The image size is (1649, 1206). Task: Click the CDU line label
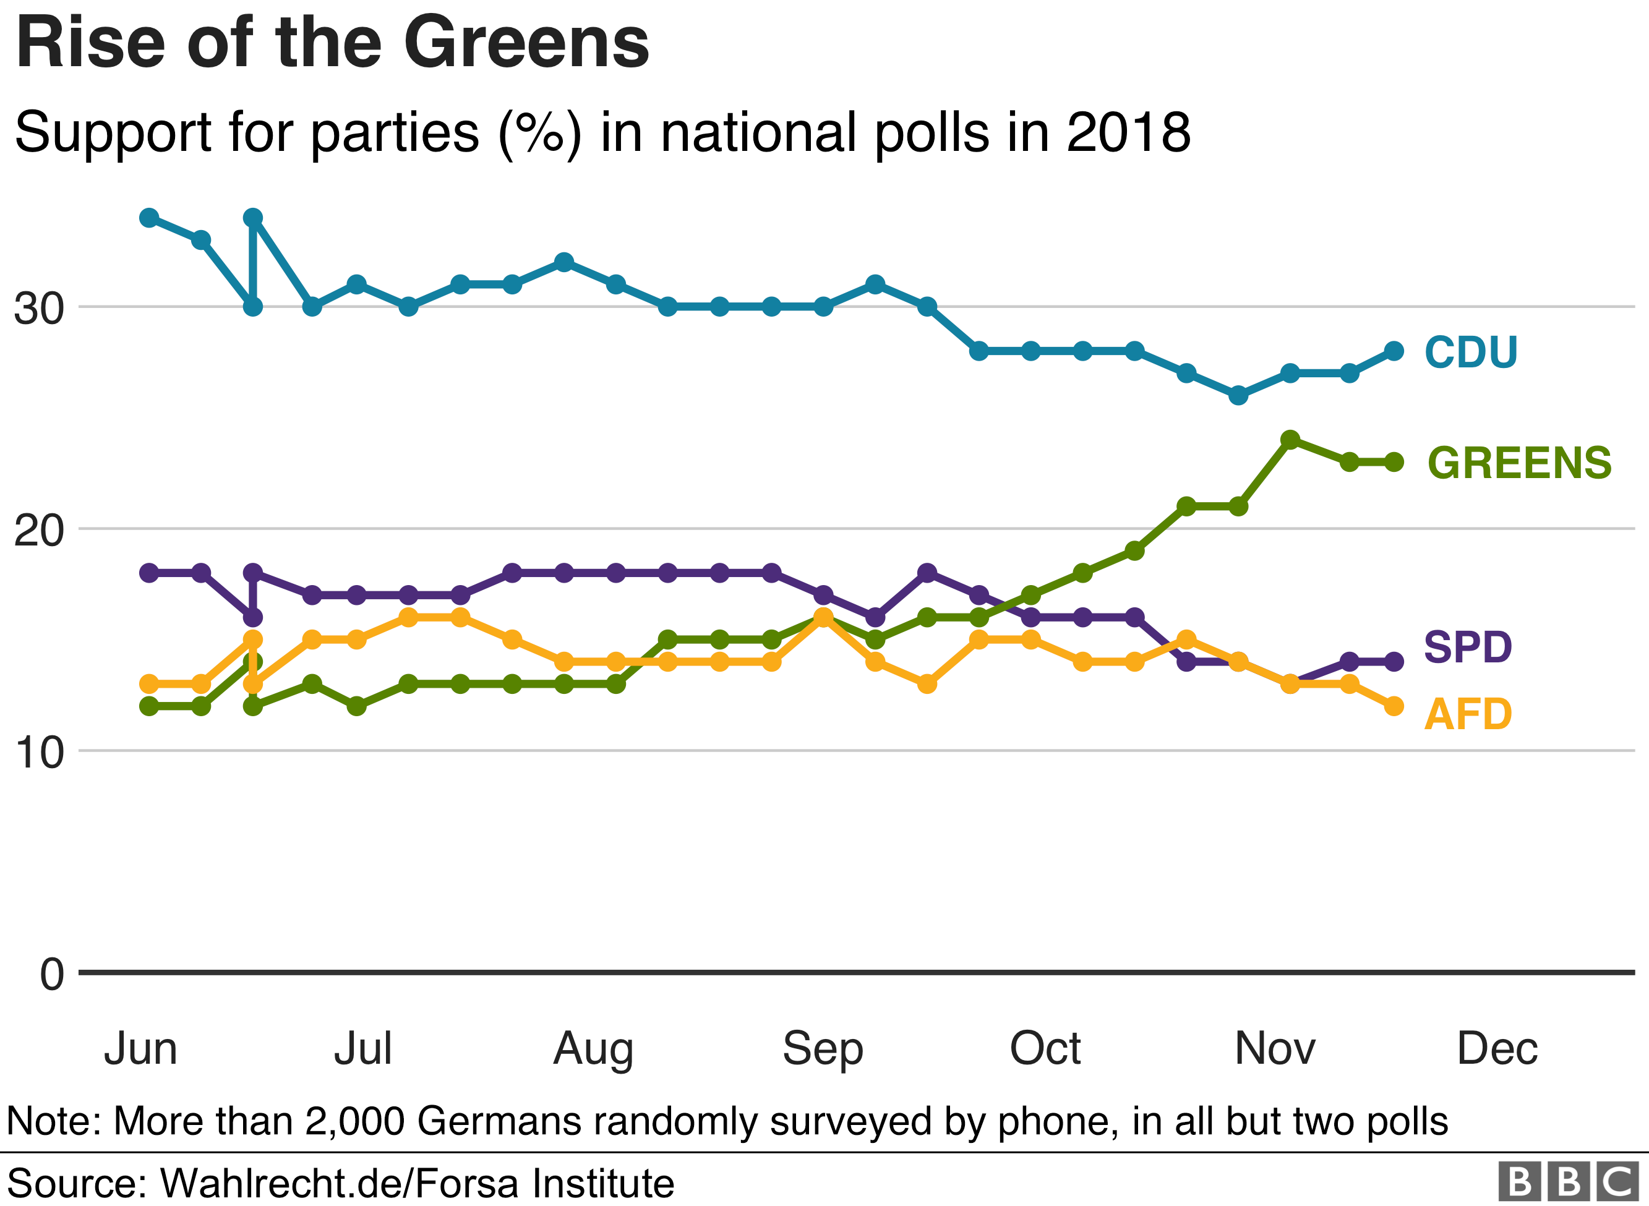point(1471,352)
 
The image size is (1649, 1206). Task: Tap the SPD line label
point(1467,647)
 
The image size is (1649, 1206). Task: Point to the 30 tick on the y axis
point(39,309)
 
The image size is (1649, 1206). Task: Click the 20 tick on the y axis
point(39,531)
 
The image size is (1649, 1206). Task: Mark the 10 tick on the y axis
point(39,753)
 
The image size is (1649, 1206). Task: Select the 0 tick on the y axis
point(52,975)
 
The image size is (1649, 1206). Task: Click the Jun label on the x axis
point(140,1049)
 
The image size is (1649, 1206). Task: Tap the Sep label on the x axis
point(823,1049)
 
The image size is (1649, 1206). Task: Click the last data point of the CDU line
point(1394,351)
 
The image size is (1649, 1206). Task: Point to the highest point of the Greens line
point(1290,440)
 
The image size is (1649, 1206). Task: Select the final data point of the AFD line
point(1394,706)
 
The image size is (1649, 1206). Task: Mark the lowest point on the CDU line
point(1238,396)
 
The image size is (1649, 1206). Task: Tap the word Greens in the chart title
point(526,44)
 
